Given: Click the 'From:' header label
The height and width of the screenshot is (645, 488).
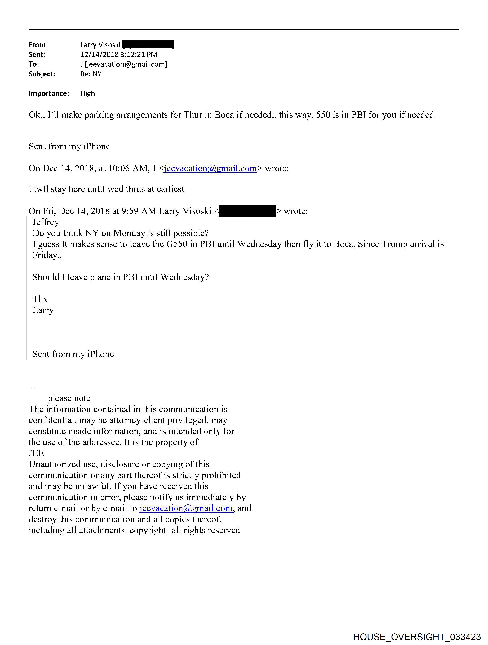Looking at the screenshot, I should [38, 45].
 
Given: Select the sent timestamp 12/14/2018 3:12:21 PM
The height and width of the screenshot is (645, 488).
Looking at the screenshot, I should [119, 55].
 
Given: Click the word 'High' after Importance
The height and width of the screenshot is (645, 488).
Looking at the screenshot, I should [87, 94].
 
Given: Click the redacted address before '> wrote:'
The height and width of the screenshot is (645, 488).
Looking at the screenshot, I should [247, 211].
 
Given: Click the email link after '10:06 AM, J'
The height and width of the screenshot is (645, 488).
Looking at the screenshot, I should [210, 168].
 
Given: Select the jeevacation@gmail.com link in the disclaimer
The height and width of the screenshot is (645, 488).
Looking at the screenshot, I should [186, 508].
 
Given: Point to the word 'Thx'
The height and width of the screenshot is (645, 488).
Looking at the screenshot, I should [40, 299].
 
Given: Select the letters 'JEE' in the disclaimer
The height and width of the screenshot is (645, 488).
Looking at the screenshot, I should [36, 453].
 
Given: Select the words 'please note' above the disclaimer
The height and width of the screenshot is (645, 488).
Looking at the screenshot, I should [69, 398].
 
